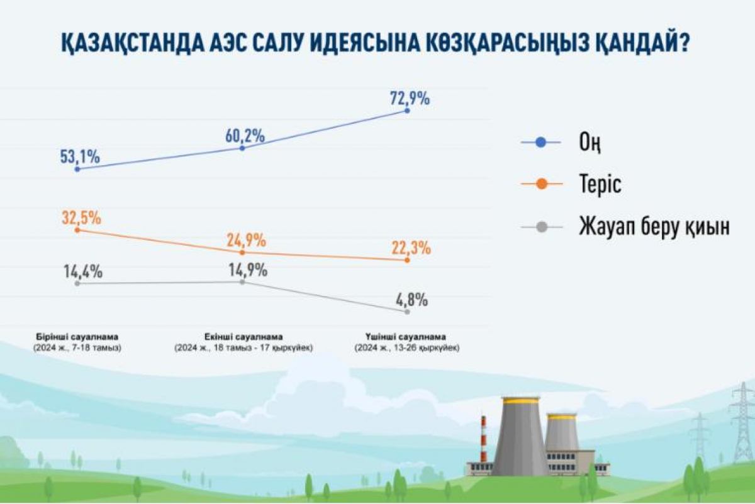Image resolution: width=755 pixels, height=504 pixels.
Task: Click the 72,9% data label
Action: tap(409, 99)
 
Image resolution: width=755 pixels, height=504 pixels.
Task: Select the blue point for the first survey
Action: tap(77, 169)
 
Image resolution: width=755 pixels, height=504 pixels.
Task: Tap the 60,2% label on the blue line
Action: tap(244, 135)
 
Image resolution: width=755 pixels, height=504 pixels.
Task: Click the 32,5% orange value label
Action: tap(81, 219)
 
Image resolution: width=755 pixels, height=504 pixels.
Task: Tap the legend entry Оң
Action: tap(590, 143)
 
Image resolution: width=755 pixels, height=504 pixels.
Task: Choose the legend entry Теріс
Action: tap(600, 185)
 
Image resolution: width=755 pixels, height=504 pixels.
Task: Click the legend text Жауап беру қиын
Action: tap(654, 226)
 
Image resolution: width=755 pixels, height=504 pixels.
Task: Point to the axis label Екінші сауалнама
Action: tap(243, 336)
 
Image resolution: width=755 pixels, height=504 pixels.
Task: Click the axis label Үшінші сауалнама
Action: tap(406, 336)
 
